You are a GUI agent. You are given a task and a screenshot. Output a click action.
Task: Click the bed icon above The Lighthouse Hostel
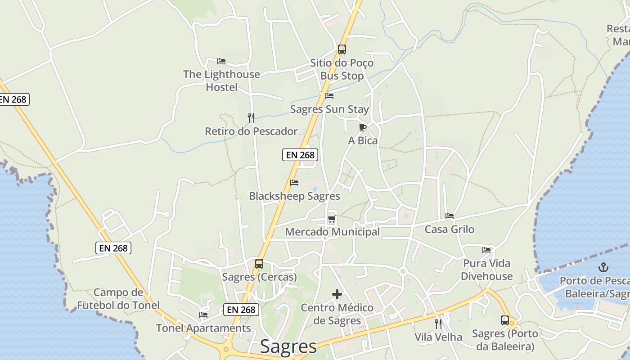(221, 61)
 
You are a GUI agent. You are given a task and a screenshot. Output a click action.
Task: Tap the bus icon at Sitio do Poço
(342, 49)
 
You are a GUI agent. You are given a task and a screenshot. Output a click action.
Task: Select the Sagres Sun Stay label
(329, 109)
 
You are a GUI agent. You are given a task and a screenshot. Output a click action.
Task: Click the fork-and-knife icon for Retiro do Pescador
(251, 118)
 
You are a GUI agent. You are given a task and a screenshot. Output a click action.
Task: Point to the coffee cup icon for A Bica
(363, 127)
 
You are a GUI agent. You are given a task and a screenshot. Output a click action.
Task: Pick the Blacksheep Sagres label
(294, 197)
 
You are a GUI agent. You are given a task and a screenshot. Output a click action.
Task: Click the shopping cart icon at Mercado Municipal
(332, 219)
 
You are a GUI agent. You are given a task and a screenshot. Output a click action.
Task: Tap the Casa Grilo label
(450, 229)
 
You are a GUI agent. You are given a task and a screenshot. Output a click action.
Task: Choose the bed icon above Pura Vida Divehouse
(486, 250)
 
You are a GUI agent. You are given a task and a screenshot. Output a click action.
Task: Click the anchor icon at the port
(603, 268)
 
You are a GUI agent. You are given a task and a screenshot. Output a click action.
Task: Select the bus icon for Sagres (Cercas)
(259, 264)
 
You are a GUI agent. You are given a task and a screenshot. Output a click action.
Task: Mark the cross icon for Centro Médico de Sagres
(337, 295)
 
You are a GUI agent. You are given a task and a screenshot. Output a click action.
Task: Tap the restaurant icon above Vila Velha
(438, 324)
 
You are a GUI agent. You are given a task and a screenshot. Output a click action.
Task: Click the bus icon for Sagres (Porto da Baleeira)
(505, 320)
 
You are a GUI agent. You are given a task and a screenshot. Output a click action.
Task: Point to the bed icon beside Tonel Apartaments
(203, 315)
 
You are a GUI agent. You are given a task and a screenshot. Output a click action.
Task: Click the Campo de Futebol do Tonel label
(118, 299)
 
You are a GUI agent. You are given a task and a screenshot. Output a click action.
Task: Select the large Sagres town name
(288, 347)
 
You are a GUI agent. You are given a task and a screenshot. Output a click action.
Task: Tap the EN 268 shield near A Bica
(300, 155)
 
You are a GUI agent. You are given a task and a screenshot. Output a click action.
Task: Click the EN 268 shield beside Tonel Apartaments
(241, 310)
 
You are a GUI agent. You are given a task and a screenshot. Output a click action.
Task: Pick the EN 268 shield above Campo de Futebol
(113, 248)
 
